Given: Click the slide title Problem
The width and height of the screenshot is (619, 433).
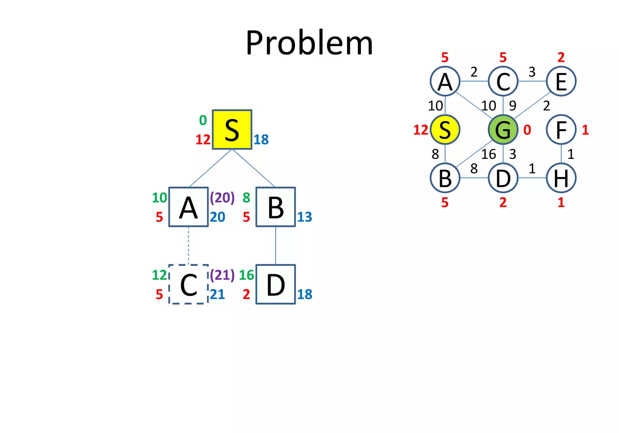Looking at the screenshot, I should tap(309, 43).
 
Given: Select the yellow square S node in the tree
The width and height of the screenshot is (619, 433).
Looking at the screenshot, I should tap(232, 130).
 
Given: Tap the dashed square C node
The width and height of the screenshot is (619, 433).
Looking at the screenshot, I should tap(188, 284).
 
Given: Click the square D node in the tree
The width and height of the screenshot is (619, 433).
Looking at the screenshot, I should tap(275, 284).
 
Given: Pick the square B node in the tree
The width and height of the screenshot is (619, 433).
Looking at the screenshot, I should tap(275, 207).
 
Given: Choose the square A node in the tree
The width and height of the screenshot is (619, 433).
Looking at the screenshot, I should tap(188, 207).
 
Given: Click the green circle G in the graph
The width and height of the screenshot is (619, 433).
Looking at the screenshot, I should tap(503, 130).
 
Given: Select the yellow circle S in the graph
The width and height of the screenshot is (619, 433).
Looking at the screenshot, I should tap(445, 130).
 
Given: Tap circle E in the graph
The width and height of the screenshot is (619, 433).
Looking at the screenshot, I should tap(561, 81).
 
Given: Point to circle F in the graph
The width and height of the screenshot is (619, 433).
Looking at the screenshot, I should tap(561, 130).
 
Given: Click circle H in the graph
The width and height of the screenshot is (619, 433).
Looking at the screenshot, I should tap(561, 178).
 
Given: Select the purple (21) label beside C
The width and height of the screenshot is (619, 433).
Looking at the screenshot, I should tap(222, 275).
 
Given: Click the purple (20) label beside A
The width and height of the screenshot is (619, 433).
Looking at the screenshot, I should tap(222, 198).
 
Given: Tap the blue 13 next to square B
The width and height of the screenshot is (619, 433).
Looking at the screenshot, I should tap(304, 217).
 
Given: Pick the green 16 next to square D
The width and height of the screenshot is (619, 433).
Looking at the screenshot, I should tap(246, 275).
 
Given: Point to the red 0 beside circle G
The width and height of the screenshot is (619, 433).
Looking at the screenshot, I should tap(527, 130).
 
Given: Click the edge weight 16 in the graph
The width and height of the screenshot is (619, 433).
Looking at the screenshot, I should tap(488, 154).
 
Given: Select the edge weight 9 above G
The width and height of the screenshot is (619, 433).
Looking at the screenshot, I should tap(513, 106).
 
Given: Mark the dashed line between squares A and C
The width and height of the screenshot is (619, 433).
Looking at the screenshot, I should tap(189, 245).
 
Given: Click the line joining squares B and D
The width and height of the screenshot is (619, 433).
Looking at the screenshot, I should tap(275, 245).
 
